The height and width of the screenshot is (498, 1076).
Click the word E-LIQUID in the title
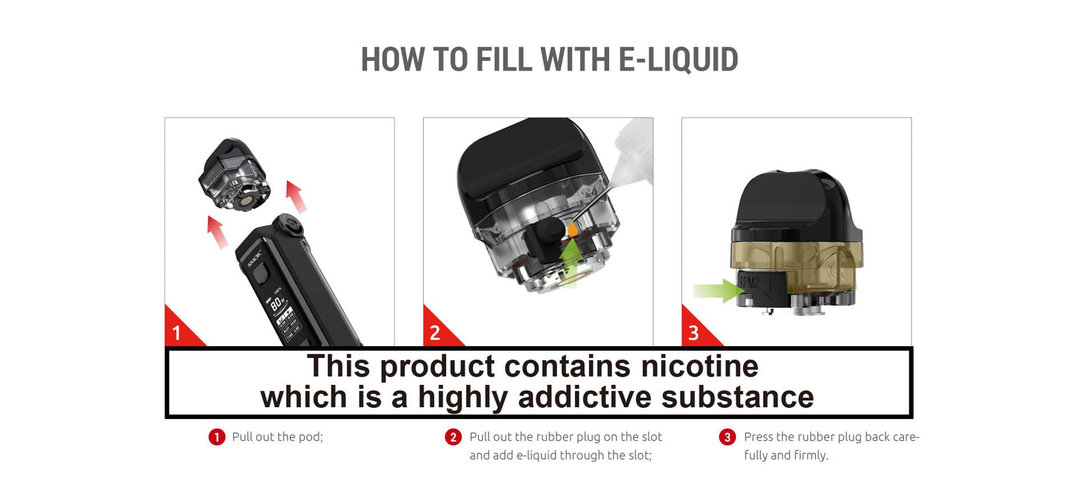[x=678, y=60]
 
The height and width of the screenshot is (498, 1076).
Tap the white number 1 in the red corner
[x=176, y=333]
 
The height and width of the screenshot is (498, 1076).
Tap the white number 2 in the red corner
[x=435, y=333]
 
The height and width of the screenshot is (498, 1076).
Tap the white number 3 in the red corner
[x=693, y=333]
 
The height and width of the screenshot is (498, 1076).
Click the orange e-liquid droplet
[x=573, y=229]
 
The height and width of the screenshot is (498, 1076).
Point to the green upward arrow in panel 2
[x=570, y=264]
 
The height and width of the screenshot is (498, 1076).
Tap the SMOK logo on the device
[x=255, y=259]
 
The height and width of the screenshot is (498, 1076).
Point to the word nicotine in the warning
[x=700, y=366]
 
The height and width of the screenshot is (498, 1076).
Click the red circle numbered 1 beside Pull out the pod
[x=217, y=437]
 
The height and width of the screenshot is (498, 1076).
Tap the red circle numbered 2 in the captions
[x=453, y=437]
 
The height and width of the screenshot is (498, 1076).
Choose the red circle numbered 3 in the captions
[x=728, y=437]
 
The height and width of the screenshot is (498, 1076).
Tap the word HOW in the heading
[x=392, y=60]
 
